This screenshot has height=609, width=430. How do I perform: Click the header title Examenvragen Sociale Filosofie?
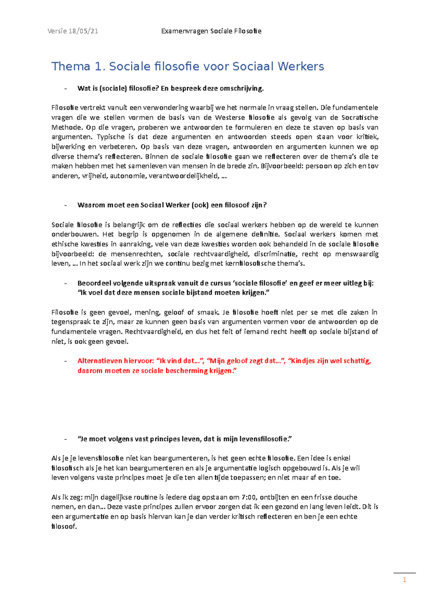tap(211, 31)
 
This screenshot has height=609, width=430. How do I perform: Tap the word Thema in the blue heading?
tap(71, 66)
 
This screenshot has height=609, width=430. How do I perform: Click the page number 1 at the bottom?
tap(405, 580)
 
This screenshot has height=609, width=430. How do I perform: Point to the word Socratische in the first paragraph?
tap(359, 118)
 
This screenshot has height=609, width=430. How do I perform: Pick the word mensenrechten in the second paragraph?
tap(136, 254)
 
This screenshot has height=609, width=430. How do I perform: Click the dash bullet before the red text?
tap(65, 361)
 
